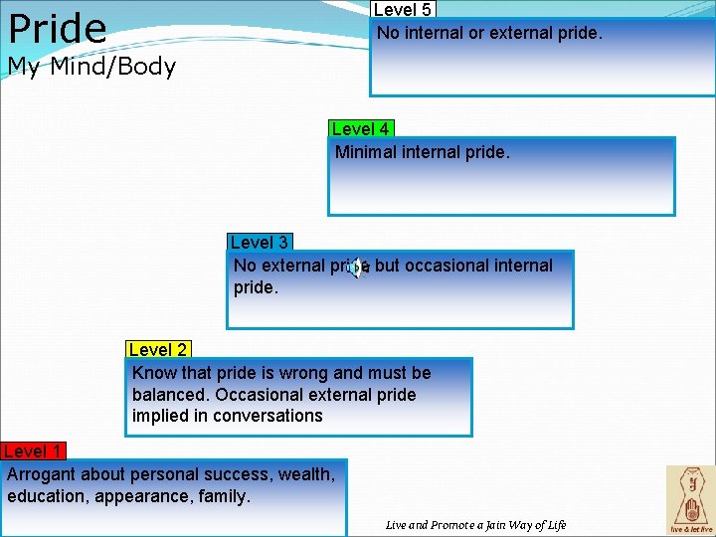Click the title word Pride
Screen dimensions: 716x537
coord(57,28)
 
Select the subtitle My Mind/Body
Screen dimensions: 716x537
coord(91,68)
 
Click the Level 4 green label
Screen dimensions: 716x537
coord(360,129)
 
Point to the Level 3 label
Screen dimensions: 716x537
coord(259,243)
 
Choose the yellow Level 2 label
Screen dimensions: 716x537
coord(158,350)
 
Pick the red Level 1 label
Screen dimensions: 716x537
coord(31,451)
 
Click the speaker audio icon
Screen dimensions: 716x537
coord(355,268)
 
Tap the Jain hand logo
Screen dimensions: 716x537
coord(690,497)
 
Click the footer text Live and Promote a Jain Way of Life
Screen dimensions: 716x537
coord(475,525)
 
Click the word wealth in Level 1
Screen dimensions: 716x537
coord(305,474)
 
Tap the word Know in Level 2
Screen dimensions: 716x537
coord(152,373)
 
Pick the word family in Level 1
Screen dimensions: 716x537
coord(223,495)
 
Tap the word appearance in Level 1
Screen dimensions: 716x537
coord(136,495)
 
